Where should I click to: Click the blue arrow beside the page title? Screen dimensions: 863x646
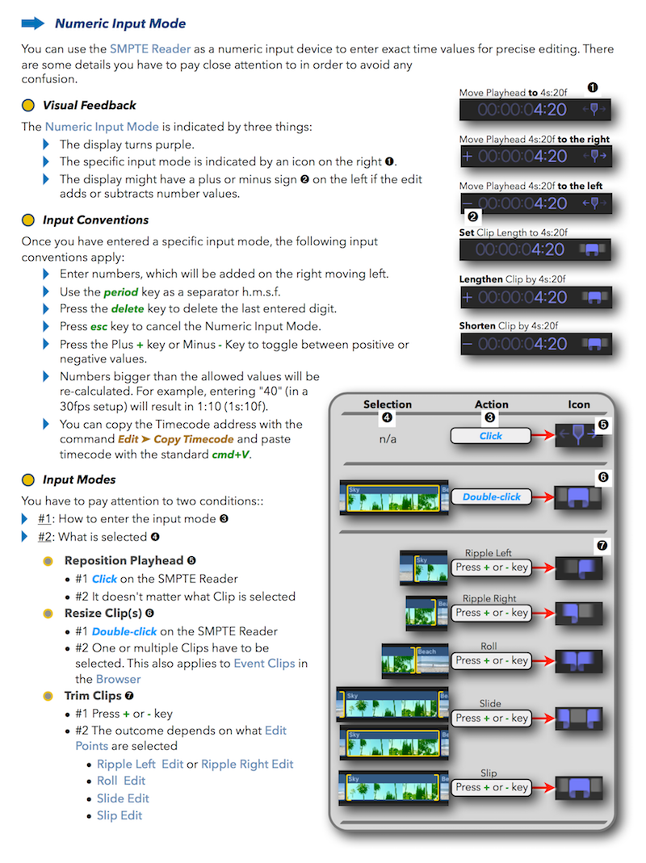33,23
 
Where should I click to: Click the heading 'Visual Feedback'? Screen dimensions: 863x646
89,105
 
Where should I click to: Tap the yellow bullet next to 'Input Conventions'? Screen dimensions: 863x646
28,220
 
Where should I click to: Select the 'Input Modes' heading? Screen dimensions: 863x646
79,480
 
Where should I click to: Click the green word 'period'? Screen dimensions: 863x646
121,291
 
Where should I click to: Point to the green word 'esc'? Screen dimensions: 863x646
100,326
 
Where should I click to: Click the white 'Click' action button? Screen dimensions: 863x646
490,436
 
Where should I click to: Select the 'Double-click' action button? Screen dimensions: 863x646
491,497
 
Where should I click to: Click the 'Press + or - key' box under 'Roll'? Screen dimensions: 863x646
491,660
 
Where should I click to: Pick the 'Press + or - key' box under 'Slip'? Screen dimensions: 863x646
491,787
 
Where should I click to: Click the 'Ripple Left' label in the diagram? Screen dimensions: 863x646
489,554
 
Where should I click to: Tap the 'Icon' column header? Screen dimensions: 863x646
579,404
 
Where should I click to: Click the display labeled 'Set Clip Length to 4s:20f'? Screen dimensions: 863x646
535,250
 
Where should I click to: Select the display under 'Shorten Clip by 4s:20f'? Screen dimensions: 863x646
535,344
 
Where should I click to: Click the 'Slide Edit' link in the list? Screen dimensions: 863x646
123,798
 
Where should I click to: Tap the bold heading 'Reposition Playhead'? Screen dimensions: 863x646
124,560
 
